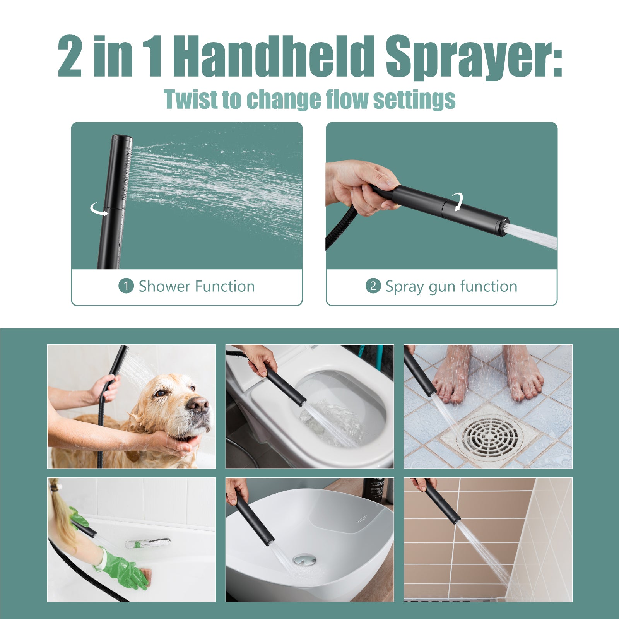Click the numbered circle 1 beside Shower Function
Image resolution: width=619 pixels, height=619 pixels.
tap(126, 286)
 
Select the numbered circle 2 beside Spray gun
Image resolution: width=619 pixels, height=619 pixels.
tap(373, 286)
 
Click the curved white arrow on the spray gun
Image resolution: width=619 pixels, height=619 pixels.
tap(458, 202)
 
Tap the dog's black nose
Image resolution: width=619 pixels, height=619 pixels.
tap(198, 405)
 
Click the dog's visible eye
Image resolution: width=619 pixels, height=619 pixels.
tap(160, 393)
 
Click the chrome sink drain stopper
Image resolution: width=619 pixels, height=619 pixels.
tap(304, 559)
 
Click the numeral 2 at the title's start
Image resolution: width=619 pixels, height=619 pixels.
tap(70, 57)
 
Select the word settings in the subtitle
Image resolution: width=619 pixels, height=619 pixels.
tap(414, 100)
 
